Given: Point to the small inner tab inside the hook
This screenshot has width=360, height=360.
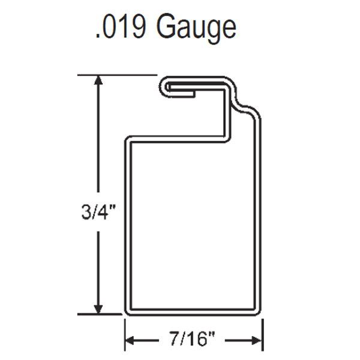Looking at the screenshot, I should (x=183, y=93).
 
